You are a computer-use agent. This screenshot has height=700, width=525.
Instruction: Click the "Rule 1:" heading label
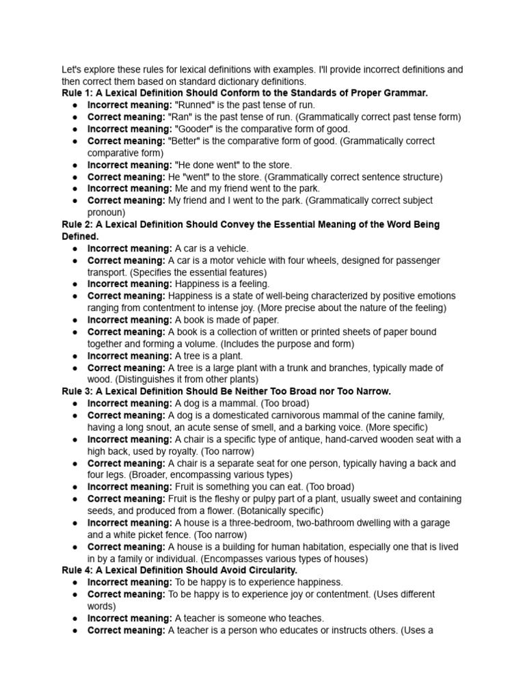79,93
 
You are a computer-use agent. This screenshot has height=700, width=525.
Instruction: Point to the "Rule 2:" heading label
79,224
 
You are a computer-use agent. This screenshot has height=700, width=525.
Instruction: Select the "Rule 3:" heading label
79,391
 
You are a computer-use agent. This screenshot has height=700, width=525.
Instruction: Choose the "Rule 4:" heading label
79,570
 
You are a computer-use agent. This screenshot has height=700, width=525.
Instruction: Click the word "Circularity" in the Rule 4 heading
271,570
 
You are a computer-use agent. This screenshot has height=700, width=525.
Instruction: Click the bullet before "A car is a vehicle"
74,249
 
